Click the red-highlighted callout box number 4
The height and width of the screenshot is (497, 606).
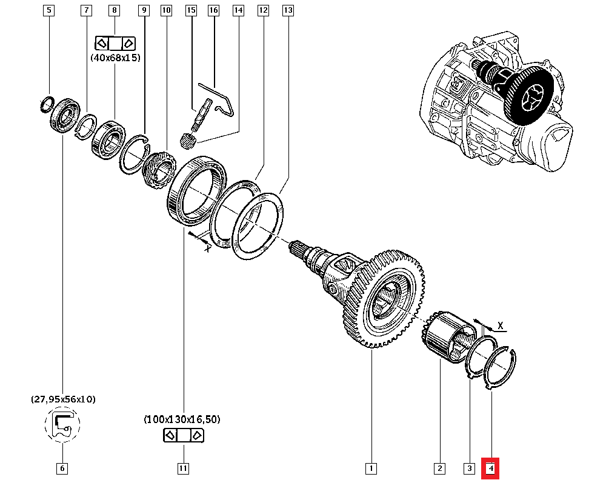coord(490,469)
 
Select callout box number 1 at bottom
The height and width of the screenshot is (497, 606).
coord(371,469)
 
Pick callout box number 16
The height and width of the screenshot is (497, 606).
coord(213,10)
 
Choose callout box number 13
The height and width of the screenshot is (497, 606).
coord(288,10)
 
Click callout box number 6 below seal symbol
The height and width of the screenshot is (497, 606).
coord(62,469)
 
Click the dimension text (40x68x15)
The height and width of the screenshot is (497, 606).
coord(115,58)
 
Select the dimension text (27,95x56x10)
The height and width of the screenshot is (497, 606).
coord(63,399)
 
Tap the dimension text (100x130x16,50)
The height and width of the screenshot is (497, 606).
coord(182,419)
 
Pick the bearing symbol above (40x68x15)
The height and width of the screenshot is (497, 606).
coord(115,43)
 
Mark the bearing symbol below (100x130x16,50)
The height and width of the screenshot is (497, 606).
coord(183,435)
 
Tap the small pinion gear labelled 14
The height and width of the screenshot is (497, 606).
coord(187,141)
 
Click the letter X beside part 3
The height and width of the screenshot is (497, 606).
coord(501,325)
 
